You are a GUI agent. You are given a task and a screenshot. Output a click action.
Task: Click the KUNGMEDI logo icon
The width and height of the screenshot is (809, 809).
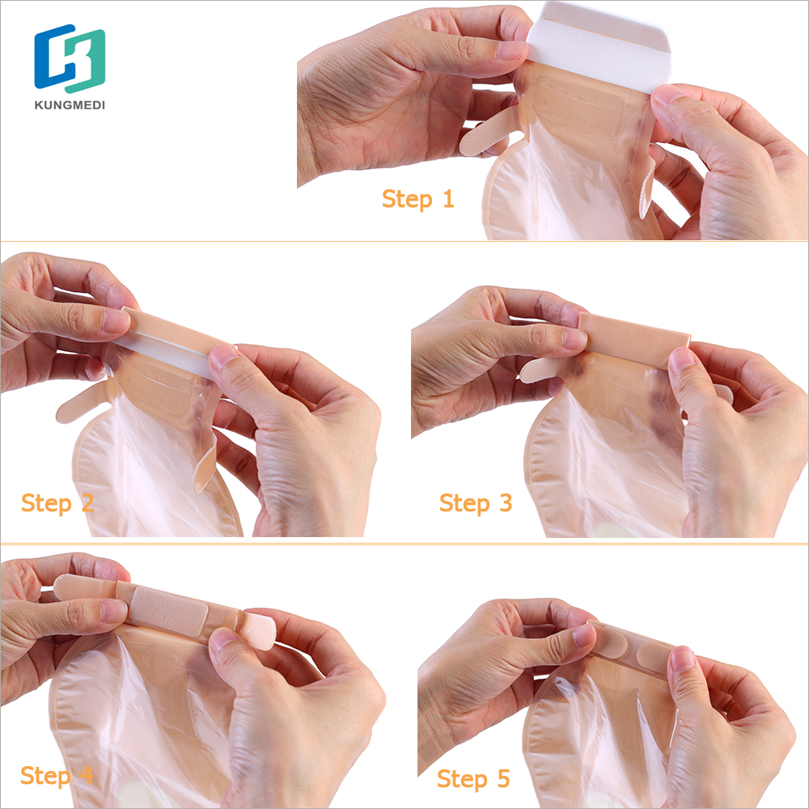tap(70, 60)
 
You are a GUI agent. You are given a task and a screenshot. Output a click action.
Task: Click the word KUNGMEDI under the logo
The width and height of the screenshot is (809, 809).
tap(70, 104)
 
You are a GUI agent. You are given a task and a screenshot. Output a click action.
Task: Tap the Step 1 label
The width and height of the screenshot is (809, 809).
tap(417, 198)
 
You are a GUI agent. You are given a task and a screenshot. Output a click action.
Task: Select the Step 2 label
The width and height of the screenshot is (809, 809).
tap(57, 502)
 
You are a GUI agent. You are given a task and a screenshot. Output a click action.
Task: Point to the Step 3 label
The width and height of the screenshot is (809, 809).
tap(476, 502)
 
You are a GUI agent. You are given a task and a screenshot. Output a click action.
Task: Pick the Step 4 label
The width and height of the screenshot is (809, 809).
tap(57, 774)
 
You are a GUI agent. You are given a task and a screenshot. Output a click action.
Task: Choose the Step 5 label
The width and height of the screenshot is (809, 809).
tap(474, 779)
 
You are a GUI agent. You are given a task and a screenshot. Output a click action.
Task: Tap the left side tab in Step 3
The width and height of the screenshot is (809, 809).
tap(538, 370)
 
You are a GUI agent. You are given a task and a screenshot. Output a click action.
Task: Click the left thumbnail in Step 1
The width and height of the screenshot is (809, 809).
tap(511, 49)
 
